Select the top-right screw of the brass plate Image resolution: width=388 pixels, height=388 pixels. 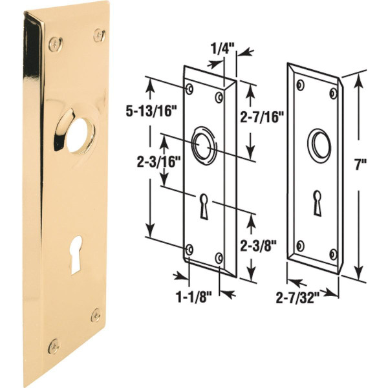point(99,34)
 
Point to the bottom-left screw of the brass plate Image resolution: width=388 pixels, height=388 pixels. point(54,345)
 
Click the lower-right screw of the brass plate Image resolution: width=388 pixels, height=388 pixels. point(96,315)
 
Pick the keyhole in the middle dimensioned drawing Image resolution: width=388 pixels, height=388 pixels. point(204,206)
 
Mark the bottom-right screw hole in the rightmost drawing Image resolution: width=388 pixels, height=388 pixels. point(333,253)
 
